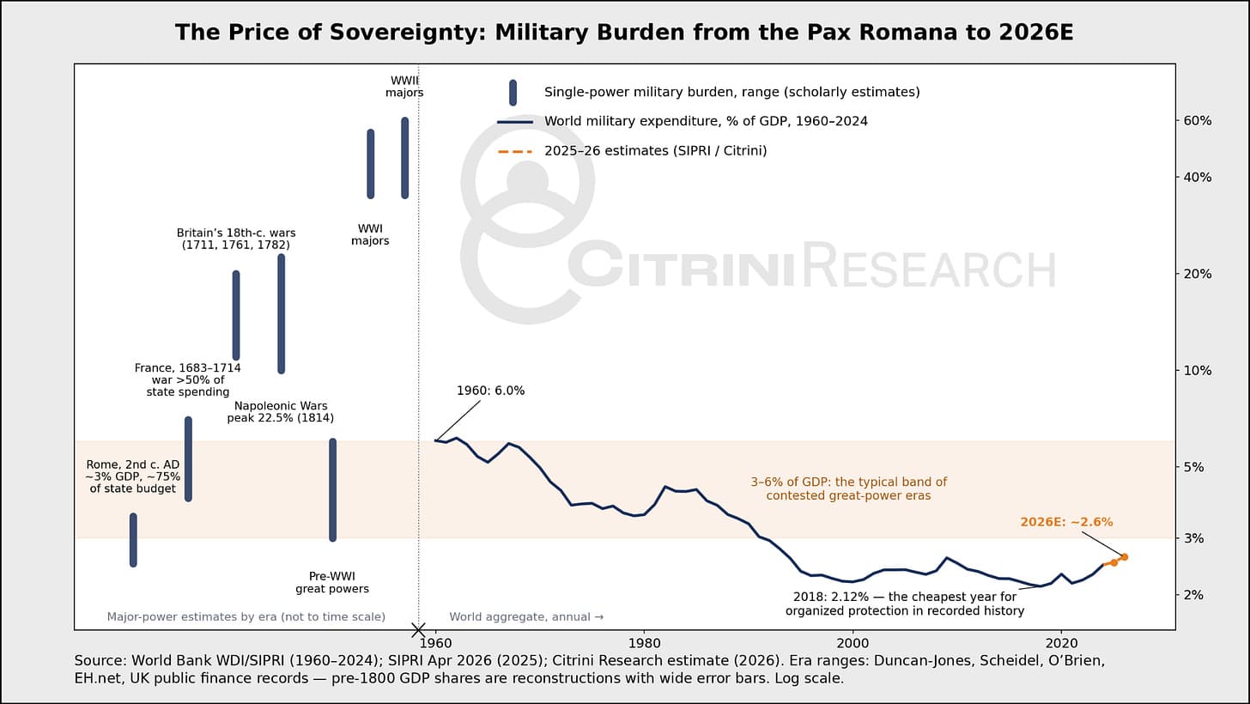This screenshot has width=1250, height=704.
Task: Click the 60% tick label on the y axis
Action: pyautogui.click(x=1198, y=120)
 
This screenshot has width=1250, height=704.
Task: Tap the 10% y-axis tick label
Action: pyautogui.click(x=1198, y=370)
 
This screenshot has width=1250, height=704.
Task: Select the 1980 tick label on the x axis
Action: pyautogui.click(x=644, y=643)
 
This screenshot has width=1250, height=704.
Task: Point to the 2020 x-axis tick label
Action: pyautogui.click(x=1061, y=643)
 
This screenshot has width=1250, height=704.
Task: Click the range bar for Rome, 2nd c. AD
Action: pyautogui.click(x=133, y=540)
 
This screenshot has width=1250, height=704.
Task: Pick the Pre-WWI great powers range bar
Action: pyautogui.click(x=332, y=489)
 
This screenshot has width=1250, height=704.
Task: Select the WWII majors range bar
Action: pyautogui.click(x=404, y=158)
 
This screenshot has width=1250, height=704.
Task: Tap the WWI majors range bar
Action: pyautogui.click(x=371, y=164)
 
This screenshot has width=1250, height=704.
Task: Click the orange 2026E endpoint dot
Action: pyautogui.click(x=1125, y=556)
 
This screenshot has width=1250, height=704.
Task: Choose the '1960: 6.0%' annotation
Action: pyautogui.click(x=490, y=391)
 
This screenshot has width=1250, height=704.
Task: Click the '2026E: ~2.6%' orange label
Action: pyautogui.click(x=1066, y=522)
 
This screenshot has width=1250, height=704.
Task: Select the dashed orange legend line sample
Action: pyautogui.click(x=514, y=151)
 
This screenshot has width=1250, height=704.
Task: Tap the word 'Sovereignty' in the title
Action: pyautogui.click(x=400, y=33)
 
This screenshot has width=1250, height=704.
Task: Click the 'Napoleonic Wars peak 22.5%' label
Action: pyautogui.click(x=280, y=412)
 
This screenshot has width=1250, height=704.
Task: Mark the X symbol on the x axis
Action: pyautogui.click(x=418, y=630)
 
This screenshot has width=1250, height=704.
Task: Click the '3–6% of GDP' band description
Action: pyautogui.click(x=848, y=489)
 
